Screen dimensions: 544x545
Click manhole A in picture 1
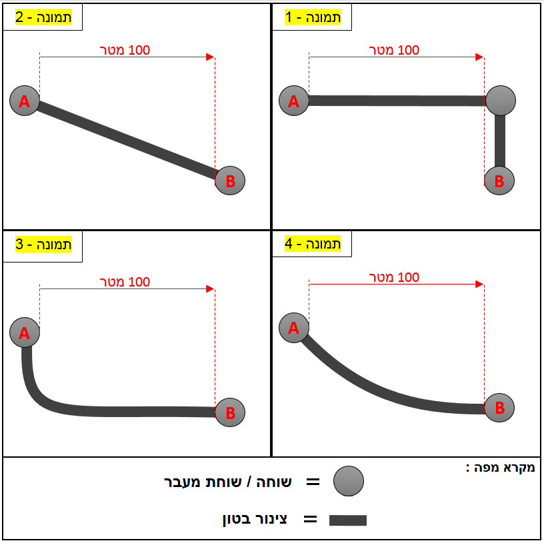[x=294, y=101]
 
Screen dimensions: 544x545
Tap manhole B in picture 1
[x=499, y=181]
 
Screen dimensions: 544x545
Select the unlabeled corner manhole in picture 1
[x=501, y=101]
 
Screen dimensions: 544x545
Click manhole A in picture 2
[x=25, y=101]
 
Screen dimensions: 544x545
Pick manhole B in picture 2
[x=230, y=181]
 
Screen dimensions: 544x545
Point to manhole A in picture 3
[x=25, y=332]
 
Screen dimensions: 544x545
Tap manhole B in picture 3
[x=230, y=412]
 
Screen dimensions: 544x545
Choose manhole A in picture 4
[x=294, y=328]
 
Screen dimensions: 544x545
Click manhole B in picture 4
[x=499, y=408]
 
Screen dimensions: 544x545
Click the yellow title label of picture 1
[x=313, y=17]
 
